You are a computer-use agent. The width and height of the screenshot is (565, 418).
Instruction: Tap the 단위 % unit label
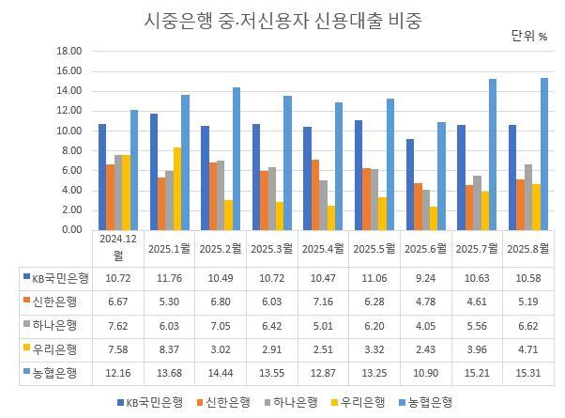528,37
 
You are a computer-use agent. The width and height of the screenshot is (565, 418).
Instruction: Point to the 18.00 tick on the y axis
70,52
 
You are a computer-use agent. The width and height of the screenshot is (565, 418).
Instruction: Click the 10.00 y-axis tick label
70,132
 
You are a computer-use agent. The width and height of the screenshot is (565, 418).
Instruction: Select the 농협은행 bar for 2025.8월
543,154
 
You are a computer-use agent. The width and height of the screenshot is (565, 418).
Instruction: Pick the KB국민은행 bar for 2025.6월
408,184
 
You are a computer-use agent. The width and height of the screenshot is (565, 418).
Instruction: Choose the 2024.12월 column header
117,248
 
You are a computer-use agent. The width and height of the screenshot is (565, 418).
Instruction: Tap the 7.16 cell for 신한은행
321,302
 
